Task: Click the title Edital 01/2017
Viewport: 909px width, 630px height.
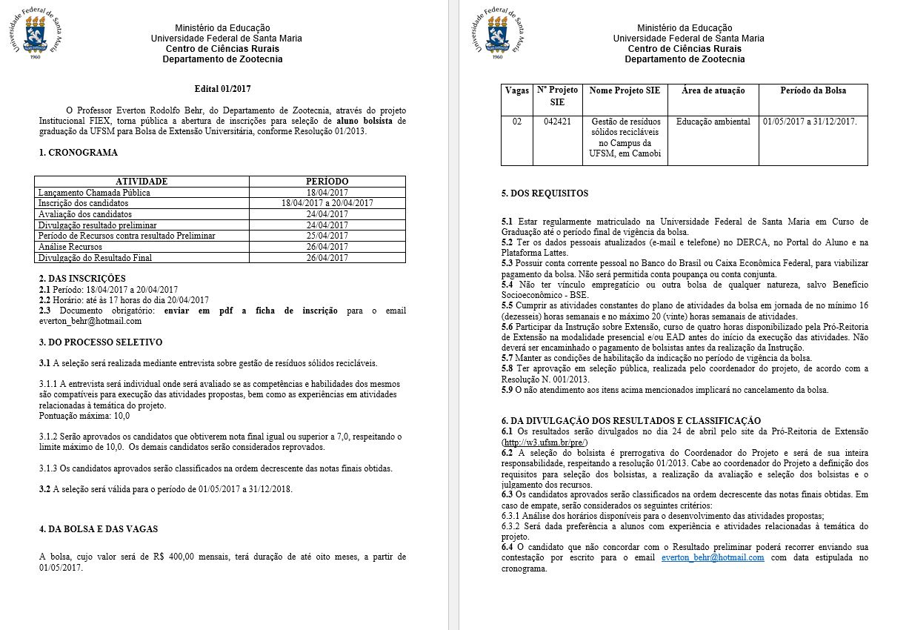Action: [x=222, y=89]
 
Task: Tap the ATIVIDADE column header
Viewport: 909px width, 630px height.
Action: [x=141, y=182]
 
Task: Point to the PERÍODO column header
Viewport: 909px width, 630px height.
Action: [x=327, y=182]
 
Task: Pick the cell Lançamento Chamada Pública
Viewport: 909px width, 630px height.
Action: [x=94, y=193]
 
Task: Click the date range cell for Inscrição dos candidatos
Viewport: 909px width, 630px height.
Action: [x=327, y=203]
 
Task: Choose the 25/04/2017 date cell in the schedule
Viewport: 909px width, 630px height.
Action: [x=327, y=236]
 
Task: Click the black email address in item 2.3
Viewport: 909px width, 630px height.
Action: [x=90, y=321]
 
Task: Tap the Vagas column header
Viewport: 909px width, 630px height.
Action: [x=517, y=90]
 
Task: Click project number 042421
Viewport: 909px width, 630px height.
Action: [x=557, y=122]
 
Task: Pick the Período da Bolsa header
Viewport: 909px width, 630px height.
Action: [x=813, y=90]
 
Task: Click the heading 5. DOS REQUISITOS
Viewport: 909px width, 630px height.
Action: [x=545, y=193]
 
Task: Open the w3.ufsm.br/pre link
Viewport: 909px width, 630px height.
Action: [x=545, y=442]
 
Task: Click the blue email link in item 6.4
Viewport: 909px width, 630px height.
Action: [x=713, y=558]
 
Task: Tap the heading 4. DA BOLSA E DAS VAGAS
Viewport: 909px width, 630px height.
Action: [x=98, y=529]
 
